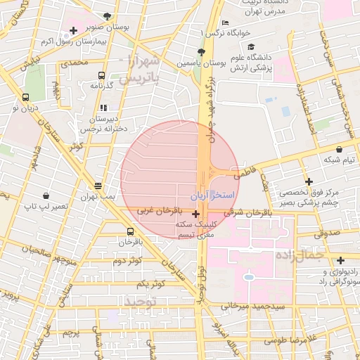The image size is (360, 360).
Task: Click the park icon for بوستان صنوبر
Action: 107,16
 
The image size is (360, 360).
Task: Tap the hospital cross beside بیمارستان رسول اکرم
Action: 73,30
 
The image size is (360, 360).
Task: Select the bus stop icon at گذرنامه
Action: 102,75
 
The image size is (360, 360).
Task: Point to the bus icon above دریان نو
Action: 25,98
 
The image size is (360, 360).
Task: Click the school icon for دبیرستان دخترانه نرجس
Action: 104,108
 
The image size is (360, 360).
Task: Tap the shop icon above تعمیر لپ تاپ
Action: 46,195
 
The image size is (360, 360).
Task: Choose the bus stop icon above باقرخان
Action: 130,231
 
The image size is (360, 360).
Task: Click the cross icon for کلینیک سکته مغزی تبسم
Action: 195,213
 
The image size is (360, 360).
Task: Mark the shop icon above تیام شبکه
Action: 340,150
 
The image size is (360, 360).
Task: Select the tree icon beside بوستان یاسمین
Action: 201,52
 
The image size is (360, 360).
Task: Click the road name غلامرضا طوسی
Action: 290,340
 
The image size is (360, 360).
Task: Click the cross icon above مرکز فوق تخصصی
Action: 308,181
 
